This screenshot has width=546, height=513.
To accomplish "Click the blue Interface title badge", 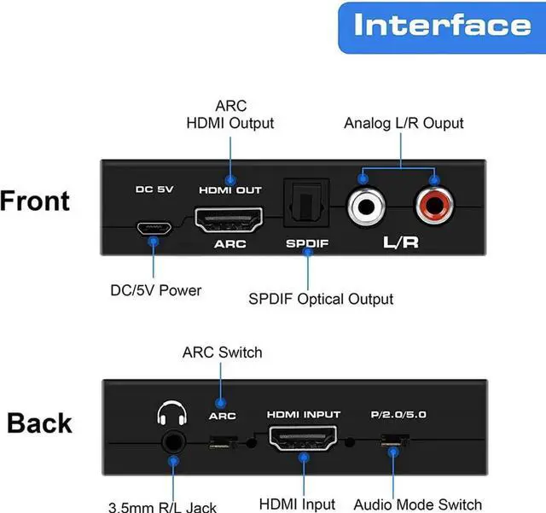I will click(x=442, y=26).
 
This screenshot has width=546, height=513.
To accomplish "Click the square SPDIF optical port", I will click(x=305, y=206).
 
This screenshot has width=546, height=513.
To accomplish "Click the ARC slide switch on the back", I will click(x=222, y=443).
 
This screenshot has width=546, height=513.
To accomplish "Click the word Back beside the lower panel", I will click(x=39, y=423).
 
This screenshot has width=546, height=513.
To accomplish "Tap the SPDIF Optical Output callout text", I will click(x=321, y=299).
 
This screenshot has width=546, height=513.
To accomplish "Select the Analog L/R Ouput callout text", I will click(x=404, y=123).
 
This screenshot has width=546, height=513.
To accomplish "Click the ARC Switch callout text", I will click(x=222, y=352).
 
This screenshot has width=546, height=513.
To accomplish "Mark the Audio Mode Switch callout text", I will click(x=417, y=504).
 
